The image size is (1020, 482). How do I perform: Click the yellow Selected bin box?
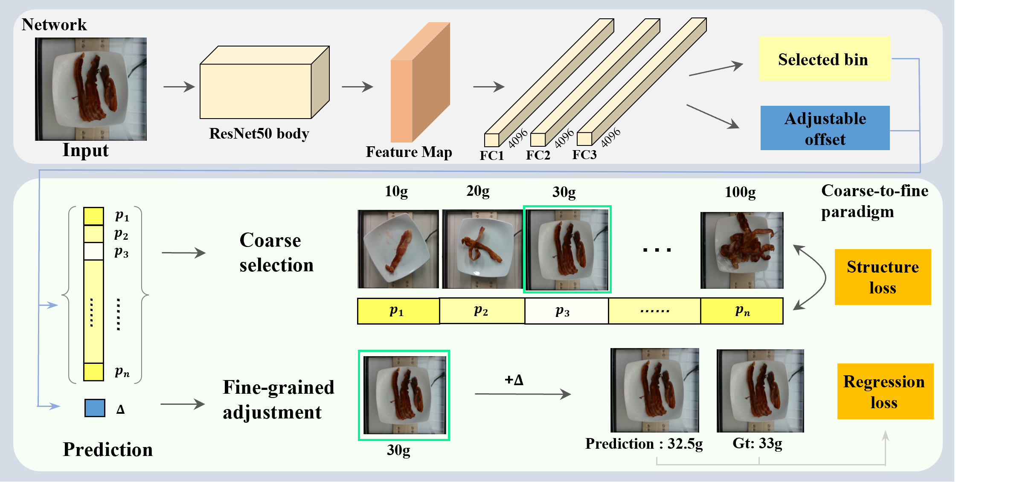(824, 59)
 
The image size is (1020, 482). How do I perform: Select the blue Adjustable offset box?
(825, 128)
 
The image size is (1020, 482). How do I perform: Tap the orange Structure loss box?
(883, 277)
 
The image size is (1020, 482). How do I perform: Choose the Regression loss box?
(885, 391)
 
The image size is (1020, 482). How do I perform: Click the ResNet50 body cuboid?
(256, 90)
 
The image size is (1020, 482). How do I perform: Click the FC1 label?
(491, 155)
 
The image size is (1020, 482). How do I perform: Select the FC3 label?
(584, 154)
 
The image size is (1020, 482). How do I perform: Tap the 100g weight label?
(740, 192)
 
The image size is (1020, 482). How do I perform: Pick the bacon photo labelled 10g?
(398, 249)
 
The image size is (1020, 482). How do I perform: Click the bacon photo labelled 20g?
(482, 249)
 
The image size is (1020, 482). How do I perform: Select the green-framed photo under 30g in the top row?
(567, 249)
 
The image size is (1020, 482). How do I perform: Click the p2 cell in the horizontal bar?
(481, 311)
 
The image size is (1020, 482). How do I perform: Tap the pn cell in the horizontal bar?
(742, 311)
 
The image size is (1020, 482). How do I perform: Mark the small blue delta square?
(95, 408)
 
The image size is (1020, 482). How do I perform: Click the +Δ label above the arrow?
(514, 380)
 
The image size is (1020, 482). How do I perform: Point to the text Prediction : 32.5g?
(643, 444)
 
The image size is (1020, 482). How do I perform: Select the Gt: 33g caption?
(757, 444)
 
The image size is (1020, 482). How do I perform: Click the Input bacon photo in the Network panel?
(91, 89)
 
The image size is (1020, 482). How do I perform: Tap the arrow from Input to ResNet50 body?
(179, 87)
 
